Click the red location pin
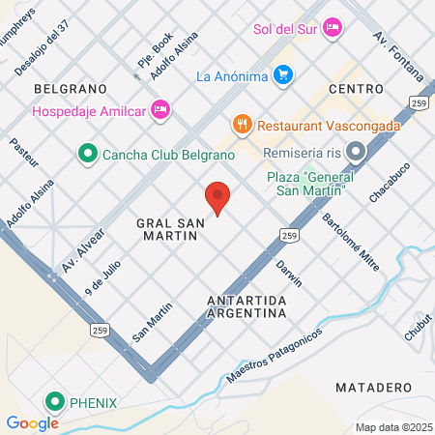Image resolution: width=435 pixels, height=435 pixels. coord(218,197)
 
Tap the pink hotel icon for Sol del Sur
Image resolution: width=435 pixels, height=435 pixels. coord(333,26)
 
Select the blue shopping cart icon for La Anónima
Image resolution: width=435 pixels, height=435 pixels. coord(282,74)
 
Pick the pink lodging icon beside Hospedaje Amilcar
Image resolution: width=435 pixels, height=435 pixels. coord(161,110)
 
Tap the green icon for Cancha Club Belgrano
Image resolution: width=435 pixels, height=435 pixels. coord(87,153)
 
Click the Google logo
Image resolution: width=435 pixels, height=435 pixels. coord(32,422)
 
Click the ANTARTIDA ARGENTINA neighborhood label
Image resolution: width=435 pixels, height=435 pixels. coord(246,307)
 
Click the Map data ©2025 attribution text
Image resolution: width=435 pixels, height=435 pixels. coord(392,427)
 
